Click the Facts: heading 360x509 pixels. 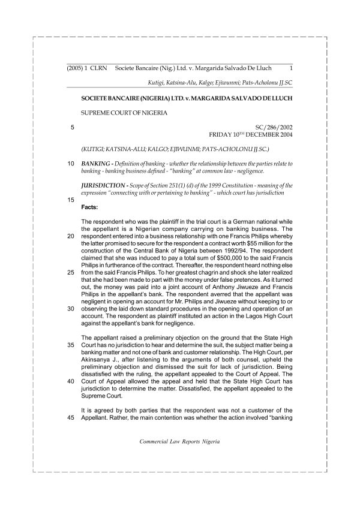(89, 206)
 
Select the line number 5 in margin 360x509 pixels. (72, 127)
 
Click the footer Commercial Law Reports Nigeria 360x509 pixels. (179, 441)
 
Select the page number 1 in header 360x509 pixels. (290, 69)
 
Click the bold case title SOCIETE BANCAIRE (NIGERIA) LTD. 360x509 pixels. (129, 97)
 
